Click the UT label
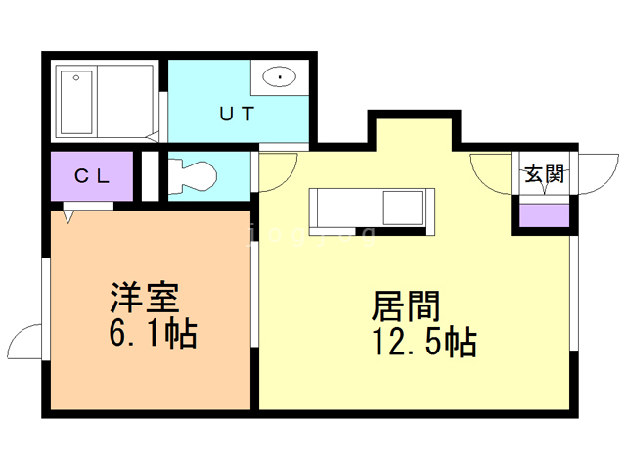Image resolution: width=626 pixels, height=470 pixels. click(237, 114)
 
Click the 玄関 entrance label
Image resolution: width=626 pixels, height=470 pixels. click(544, 175)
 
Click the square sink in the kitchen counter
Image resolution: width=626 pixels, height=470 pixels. click(402, 209)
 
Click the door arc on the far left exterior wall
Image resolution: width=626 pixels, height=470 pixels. click(23, 344)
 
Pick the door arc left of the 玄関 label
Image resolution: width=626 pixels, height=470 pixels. click(492, 173)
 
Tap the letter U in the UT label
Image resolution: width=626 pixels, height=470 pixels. click(225, 114)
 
